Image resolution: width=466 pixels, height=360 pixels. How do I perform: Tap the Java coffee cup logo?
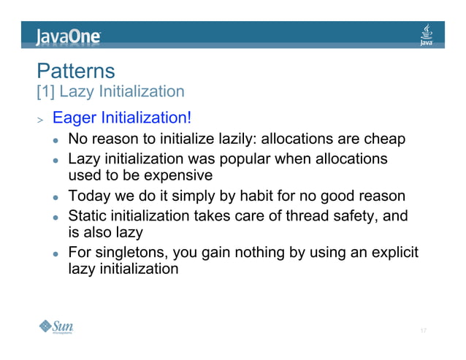coord(427,34)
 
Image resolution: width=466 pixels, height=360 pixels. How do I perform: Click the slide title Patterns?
coord(76,72)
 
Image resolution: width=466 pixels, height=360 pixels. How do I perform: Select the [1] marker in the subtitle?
coord(46,92)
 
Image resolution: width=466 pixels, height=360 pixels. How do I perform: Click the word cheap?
coord(385,139)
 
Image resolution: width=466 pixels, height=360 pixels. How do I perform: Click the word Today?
coord(88,196)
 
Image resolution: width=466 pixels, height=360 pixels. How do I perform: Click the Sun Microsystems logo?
coord(56,326)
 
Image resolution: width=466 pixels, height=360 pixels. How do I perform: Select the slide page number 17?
coord(423,331)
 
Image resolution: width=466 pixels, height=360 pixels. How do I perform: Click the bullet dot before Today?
coord(54,197)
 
